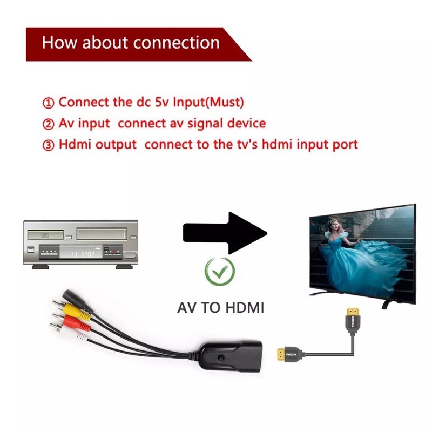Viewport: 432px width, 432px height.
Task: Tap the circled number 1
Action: [49, 103]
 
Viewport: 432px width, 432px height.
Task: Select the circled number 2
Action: [49, 124]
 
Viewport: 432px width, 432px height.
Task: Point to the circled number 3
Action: [49, 145]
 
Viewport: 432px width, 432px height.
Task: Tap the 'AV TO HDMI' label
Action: [220, 308]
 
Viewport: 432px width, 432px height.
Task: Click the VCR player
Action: [80, 243]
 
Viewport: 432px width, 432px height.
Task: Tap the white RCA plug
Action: [76, 335]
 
